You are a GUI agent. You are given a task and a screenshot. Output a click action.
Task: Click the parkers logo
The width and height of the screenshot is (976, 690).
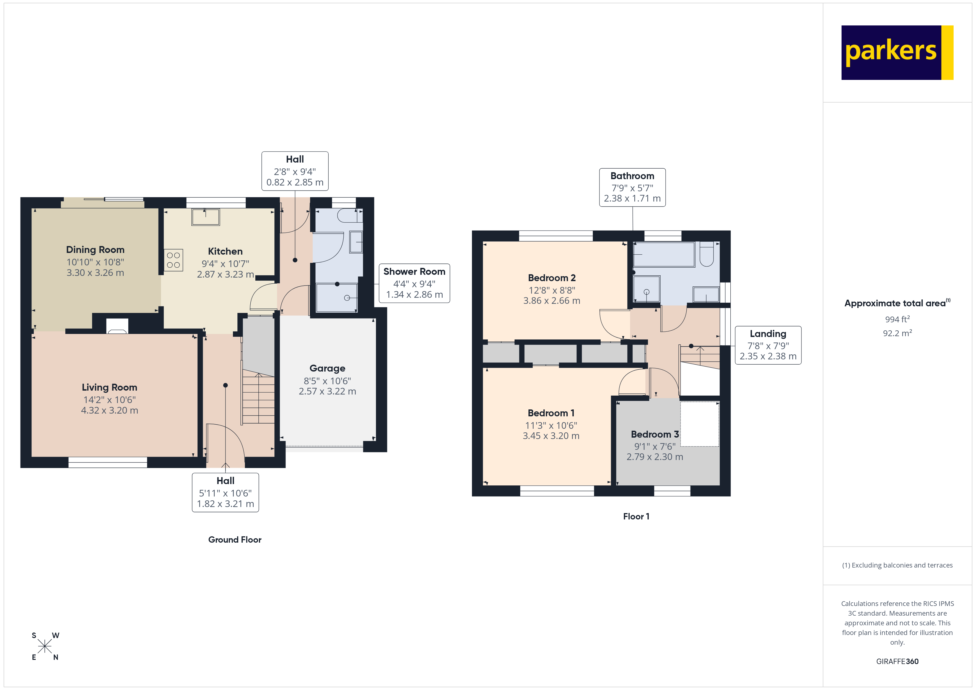click(x=897, y=53)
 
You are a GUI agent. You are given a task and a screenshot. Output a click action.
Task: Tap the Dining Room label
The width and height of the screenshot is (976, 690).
click(x=95, y=250)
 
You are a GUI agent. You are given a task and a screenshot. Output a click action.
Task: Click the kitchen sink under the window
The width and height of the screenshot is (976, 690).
click(x=205, y=217)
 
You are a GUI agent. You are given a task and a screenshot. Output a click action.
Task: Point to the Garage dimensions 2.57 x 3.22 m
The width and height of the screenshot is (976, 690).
click(x=327, y=391)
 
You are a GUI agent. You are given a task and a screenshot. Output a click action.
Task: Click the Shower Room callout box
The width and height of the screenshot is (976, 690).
click(x=414, y=283)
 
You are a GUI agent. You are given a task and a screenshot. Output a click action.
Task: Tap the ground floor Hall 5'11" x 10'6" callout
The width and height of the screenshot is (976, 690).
click(x=225, y=492)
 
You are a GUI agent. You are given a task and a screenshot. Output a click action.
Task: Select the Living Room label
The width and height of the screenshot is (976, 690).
click(x=109, y=388)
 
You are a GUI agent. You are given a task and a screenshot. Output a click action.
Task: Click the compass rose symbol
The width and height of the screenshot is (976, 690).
click(x=45, y=646)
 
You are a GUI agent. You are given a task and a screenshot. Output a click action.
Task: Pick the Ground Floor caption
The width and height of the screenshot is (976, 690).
click(x=235, y=540)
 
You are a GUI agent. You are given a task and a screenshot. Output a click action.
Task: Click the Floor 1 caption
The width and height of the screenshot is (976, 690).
click(x=636, y=516)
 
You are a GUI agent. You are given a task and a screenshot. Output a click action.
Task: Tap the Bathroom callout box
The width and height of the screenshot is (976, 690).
click(x=632, y=187)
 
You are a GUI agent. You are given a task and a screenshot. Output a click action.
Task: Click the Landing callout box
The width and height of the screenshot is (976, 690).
click(x=768, y=345)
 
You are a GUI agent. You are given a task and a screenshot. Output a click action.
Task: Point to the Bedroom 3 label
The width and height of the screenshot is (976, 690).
click(x=655, y=434)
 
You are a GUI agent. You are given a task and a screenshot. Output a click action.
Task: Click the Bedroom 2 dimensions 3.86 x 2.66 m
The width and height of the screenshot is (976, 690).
click(x=551, y=301)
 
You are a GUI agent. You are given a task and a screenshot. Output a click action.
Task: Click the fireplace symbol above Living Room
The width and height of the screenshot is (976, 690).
click(x=117, y=326)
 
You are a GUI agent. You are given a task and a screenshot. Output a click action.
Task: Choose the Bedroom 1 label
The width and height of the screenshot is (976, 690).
click(x=551, y=413)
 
